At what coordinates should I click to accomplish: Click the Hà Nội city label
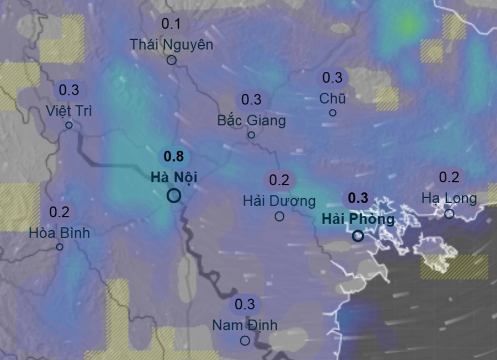pyautogui.click(x=173, y=177)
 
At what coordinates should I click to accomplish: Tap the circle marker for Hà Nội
pyautogui.click(x=174, y=195)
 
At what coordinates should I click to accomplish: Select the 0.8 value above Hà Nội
pyautogui.click(x=173, y=157)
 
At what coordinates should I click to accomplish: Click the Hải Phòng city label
pyautogui.click(x=358, y=219)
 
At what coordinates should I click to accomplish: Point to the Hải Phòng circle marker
pyautogui.click(x=358, y=236)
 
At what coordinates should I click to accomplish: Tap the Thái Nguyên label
pyautogui.click(x=171, y=44)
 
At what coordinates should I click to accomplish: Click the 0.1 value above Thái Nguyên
pyautogui.click(x=171, y=24)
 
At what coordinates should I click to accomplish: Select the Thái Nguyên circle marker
pyautogui.click(x=171, y=60)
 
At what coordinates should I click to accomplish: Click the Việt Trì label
pyautogui.click(x=69, y=110)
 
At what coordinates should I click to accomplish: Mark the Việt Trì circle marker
pyautogui.click(x=69, y=125)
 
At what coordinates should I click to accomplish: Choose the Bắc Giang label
pyautogui.click(x=251, y=120)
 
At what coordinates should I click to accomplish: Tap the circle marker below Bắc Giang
pyautogui.click(x=251, y=135)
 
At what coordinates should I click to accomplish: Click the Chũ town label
pyautogui.click(x=332, y=98)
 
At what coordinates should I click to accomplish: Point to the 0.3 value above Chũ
pyautogui.click(x=332, y=78)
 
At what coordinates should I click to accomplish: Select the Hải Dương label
pyautogui.click(x=279, y=200)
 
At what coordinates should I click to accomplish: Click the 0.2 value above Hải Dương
pyautogui.click(x=279, y=179)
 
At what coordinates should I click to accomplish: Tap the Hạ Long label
pyautogui.click(x=449, y=198)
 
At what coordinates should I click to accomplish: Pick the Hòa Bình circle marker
pyautogui.click(x=60, y=247)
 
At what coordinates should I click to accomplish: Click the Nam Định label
pyautogui.click(x=245, y=325)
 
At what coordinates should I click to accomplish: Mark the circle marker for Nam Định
pyautogui.click(x=245, y=341)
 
